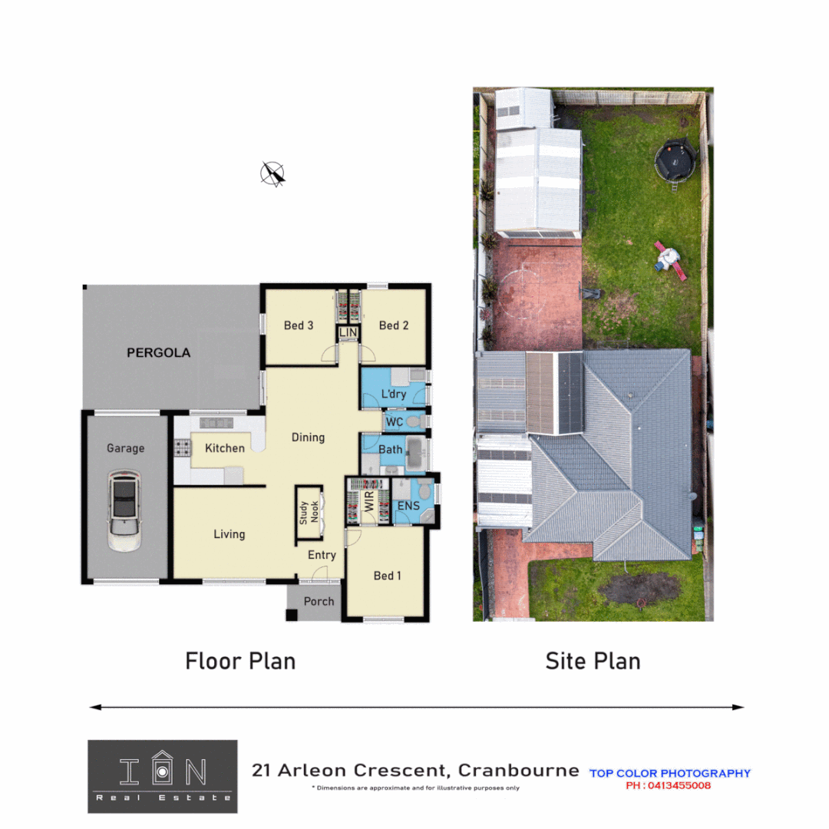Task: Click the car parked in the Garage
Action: click(124, 510)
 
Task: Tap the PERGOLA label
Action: click(158, 353)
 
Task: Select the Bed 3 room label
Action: click(298, 325)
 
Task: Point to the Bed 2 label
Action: click(394, 325)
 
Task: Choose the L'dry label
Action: click(393, 395)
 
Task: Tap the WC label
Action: click(395, 422)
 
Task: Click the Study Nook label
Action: click(309, 512)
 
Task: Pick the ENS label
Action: click(408, 507)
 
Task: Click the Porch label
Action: click(319, 601)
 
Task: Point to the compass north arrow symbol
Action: click(272, 174)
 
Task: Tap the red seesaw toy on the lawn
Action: click(667, 256)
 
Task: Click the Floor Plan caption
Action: click(240, 661)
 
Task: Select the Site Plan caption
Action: click(593, 661)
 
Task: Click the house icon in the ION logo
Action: click(161, 769)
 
